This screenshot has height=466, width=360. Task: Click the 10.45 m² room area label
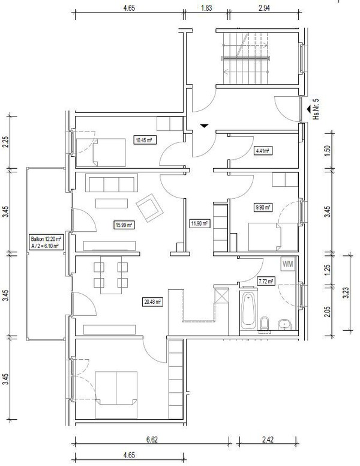(x=144, y=140)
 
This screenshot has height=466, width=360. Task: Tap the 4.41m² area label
(x=263, y=151)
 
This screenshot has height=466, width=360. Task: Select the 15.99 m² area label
(x=124, y=225)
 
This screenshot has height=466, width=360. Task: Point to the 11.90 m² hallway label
(x=200, y=223)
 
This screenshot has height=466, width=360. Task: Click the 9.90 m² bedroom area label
(x=263, y=207)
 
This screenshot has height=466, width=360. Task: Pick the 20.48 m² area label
(x=152, y=302)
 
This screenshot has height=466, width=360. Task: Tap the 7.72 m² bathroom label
(x=265, y=281)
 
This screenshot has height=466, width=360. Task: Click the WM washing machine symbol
(x=288, y=264)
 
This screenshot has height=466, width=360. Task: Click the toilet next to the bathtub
(x=264, y=323)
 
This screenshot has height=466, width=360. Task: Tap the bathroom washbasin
(x=285, y=324)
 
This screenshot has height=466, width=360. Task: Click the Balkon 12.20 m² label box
(x=46, y=242)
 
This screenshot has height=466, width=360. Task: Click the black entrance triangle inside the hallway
(x=204, y=126)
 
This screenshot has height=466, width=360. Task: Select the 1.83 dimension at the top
(x=206, y=8)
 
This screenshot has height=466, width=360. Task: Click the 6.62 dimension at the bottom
(x=152, y=440)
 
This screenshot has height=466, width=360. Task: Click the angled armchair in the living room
(x=149, y=208)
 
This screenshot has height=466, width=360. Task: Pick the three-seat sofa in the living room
(x=112, y=183)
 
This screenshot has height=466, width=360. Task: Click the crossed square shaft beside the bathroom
(x=221, y=295)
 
